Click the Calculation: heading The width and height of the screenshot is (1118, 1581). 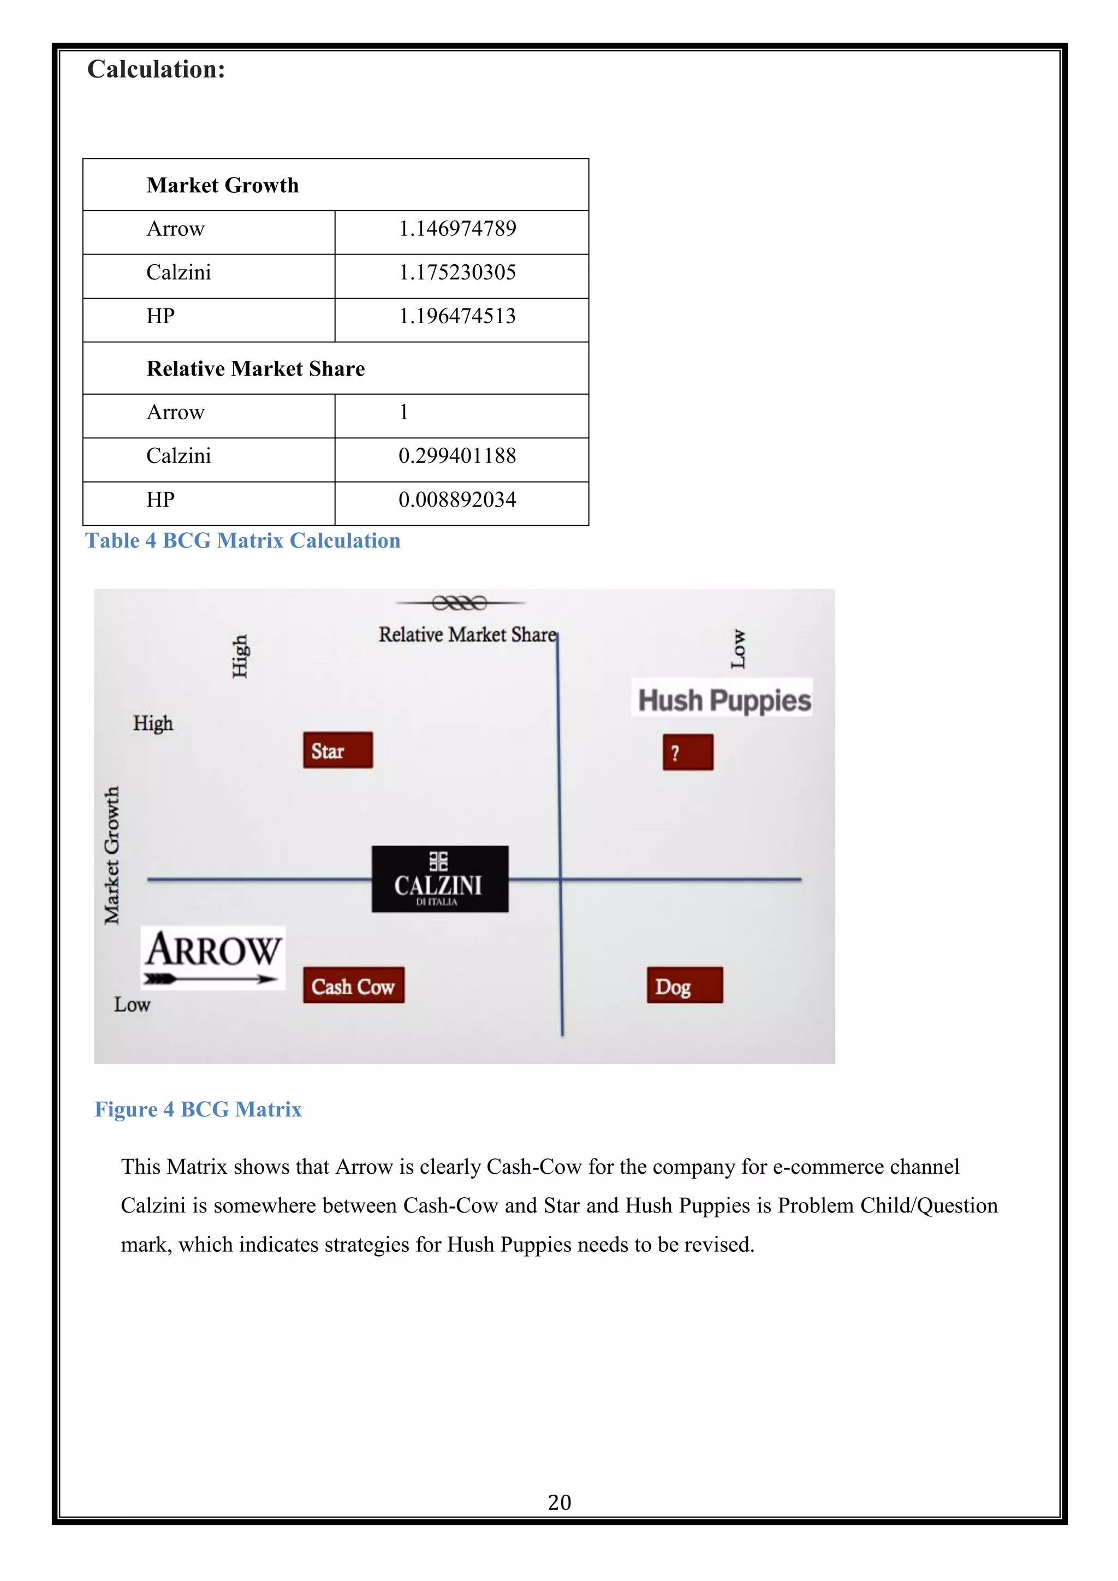tap(156, 69)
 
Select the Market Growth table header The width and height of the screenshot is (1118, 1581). tap(222, 185)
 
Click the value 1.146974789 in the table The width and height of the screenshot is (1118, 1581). tap(457, 229)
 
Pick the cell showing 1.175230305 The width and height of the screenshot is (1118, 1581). tap(457, 272)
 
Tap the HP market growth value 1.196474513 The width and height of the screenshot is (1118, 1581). tap(457, 316)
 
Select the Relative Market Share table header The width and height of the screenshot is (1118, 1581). tap(255, 369)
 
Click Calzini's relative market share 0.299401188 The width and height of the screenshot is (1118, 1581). tap(457, 456)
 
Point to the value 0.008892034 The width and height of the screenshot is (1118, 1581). tap(457, 500)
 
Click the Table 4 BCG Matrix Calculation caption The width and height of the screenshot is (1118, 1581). tap(242, 540)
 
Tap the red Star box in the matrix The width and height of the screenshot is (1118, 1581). tap(337, 751)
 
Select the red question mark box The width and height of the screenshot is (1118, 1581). tap(688, 752)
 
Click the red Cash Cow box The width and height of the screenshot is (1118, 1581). tap(353, 985)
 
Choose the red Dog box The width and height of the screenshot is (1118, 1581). tap(685, 985)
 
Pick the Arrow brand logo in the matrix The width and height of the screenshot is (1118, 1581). tap(213, 957)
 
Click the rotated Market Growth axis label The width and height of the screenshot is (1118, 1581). tap(111, 855)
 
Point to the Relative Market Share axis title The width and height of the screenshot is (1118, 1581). tap(467, 634)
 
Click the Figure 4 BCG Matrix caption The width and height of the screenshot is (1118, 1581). tap(198, 1109)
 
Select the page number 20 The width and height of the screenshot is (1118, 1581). tap(559, 1502)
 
